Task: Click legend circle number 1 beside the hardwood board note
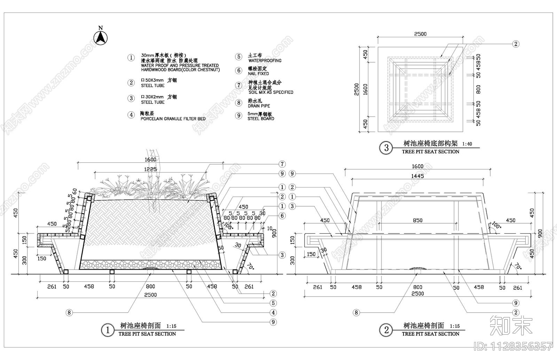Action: tap(131, 58)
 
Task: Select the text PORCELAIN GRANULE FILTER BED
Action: tap(173, 119)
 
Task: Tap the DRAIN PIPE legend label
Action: tap(259, 106)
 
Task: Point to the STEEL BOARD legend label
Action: tap(261, 119)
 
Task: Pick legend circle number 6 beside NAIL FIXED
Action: tap(238, 71)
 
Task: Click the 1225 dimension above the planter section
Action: tap(150, 169)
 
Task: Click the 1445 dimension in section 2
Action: tap(417, 176)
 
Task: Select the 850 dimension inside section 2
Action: tap(417, 220)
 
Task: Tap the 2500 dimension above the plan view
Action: tap(420, 34)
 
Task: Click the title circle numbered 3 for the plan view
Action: tap(386, 148)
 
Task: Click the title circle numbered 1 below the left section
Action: tap(108, 330)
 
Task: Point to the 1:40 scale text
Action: tap(467, 144)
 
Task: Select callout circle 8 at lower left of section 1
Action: tap(69, 313)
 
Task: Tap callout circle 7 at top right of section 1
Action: tap(282, 164)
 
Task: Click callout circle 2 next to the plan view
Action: tap(516, 44)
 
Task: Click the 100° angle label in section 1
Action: tap(228, 226)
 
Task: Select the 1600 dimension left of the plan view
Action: tap(365, 89)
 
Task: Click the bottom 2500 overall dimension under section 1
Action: tap(150, 295)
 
